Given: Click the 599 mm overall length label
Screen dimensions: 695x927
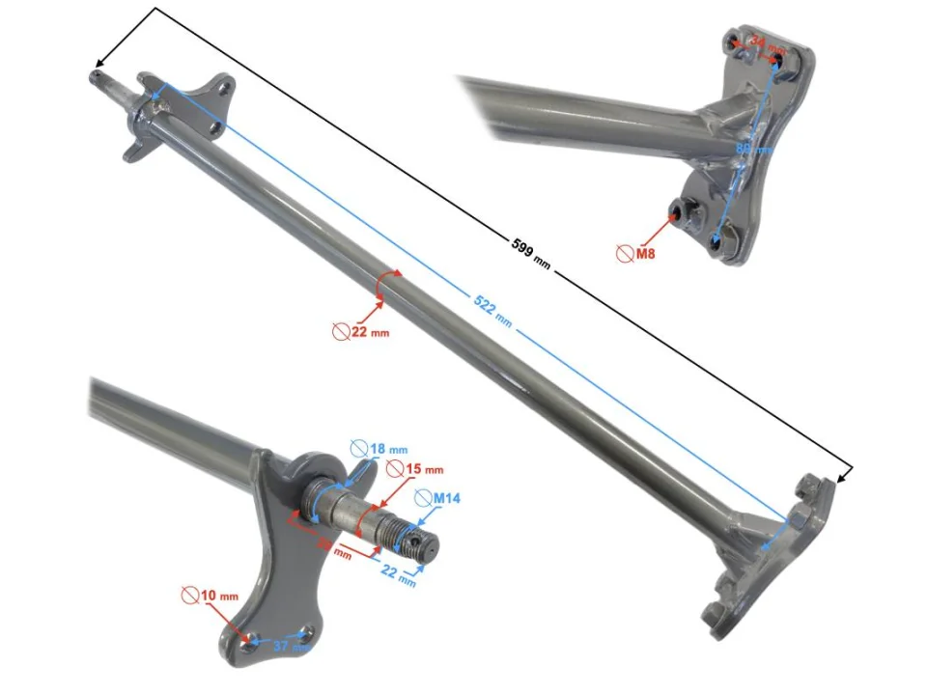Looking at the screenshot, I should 530,253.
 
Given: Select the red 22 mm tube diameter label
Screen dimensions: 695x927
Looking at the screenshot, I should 370,330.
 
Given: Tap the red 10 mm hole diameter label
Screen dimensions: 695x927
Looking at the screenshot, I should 219,596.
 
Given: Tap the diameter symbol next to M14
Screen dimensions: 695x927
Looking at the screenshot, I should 423,498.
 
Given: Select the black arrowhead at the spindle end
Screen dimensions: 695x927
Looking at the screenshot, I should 98,76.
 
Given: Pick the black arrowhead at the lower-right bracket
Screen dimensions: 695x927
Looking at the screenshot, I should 846,474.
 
